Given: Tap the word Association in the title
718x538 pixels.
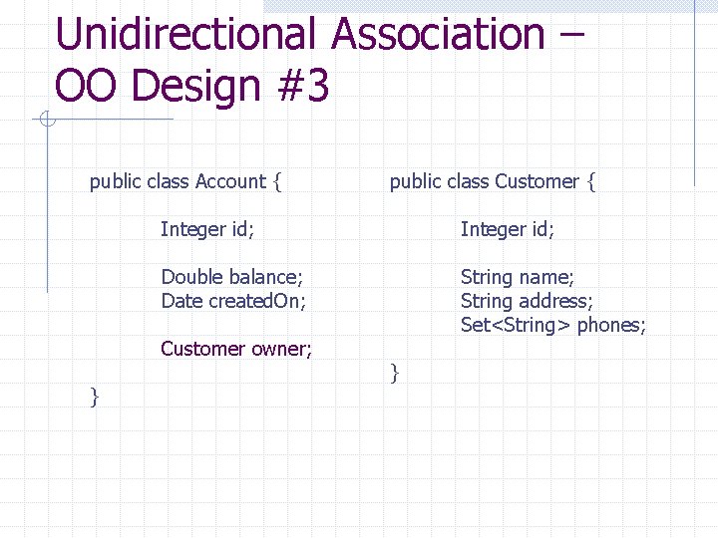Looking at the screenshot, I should [438, 35].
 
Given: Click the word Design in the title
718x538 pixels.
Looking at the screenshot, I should [195, 87].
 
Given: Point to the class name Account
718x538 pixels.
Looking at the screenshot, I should [230, 181].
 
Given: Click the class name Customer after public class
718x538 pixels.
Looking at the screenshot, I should [537, 181].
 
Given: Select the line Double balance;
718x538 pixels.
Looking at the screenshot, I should [231, 277].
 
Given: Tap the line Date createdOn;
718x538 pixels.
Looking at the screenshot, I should [233, 301].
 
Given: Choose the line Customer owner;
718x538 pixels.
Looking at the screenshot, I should [236, 349].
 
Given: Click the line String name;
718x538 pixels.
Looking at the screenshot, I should [517, 277].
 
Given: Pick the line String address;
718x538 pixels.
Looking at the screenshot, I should [527, 301].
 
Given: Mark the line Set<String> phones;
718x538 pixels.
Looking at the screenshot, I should [553, 325].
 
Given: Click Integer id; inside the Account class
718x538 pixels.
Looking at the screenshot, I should [207, 229].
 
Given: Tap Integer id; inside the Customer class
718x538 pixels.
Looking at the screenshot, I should [507, 229].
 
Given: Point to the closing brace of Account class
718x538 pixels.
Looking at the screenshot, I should [94, 398].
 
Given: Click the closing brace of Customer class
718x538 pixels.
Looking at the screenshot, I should [395, 374].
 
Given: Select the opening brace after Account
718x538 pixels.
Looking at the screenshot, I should [277, 182].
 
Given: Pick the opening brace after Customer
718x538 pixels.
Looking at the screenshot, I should [591, 182].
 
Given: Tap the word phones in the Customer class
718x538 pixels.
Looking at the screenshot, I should [611, 325].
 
